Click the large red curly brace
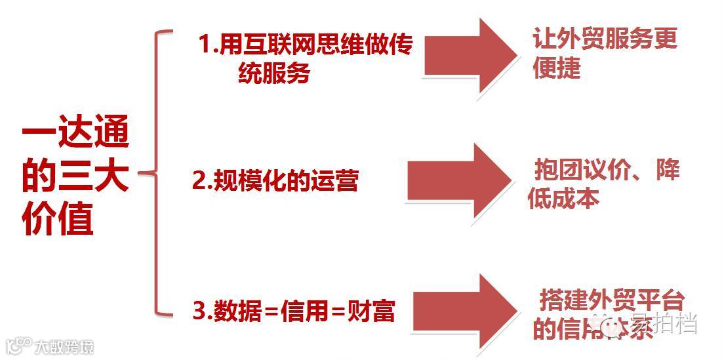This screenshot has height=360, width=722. point(156,173)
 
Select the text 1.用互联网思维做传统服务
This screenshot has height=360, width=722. point(305,59)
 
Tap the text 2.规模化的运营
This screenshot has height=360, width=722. point(275,180)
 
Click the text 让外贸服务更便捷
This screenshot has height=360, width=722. point(604,52)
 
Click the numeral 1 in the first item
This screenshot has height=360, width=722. point(205,46)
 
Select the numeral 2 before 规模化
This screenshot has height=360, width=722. point(198,180)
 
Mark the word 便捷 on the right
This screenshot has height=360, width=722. point(557,67)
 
